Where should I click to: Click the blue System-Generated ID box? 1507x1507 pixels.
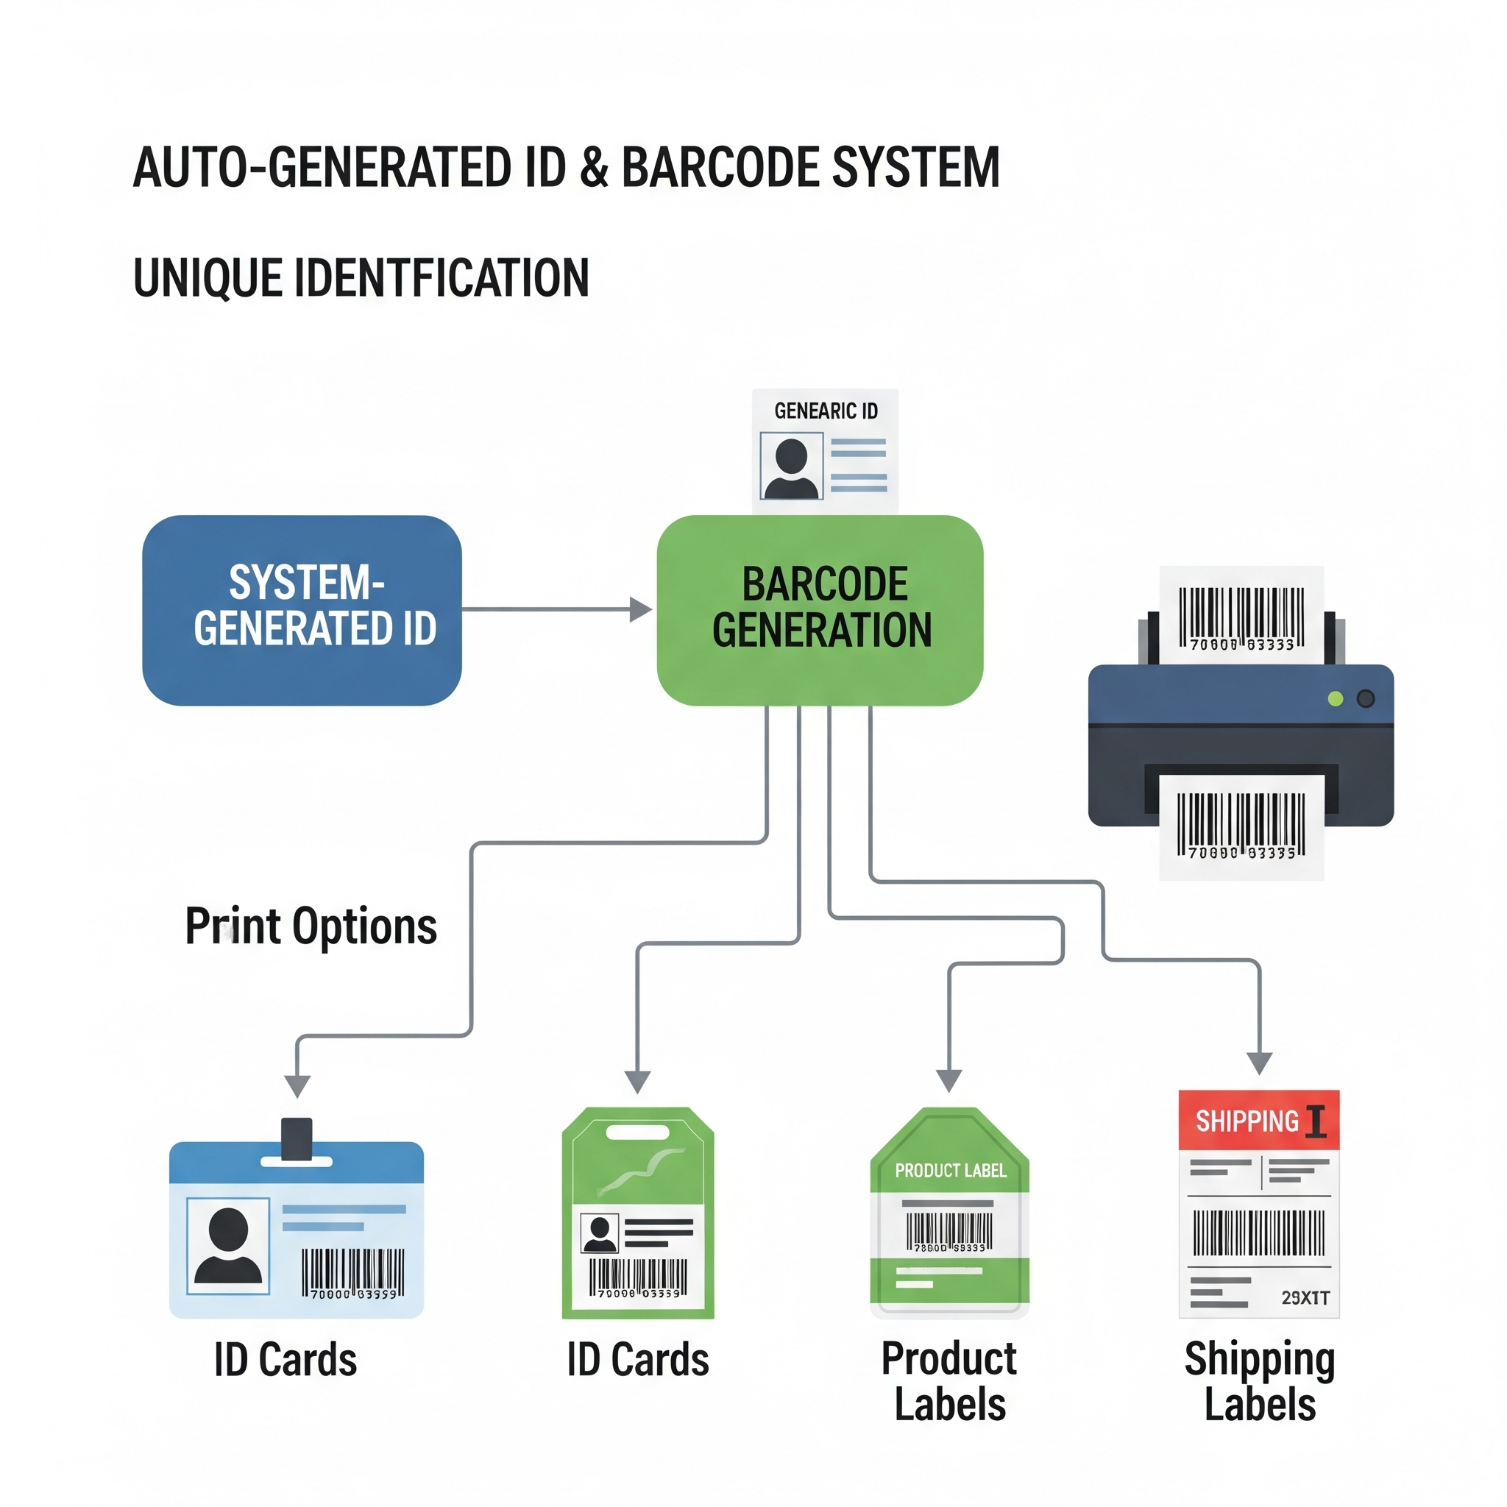[302, 610]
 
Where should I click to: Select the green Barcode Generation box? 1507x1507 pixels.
[820, 610]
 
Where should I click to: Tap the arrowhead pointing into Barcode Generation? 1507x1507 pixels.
[640, 609]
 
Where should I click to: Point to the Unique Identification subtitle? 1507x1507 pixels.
[361, 278]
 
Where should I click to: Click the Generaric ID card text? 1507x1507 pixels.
[826, 411]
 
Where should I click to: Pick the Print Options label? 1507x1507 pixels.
[311, 926]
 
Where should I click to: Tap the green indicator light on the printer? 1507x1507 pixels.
[1336, 699]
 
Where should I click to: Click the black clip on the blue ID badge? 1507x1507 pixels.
[297, 1138]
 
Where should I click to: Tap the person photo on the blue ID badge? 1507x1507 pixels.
[229, 1246]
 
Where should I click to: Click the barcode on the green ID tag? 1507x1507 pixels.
[638, 1277]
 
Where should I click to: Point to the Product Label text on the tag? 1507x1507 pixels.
[950, 1171]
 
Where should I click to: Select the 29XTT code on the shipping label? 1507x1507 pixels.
[1305, 1298]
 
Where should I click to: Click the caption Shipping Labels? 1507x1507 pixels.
[1260, 1381]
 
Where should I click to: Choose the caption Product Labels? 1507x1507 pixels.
[949, 1381]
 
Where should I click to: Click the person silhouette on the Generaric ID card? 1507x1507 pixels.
[792, 468]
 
